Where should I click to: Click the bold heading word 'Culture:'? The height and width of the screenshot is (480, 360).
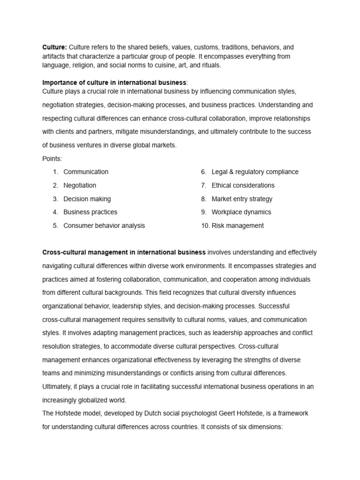click(55, 47)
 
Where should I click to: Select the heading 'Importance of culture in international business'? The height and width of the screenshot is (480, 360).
click(114, 82)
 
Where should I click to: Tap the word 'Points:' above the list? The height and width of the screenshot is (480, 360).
click(52, 158)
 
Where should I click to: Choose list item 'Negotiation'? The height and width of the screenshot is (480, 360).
click(80, 185)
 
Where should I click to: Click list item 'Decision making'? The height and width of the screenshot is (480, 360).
click(87, 199)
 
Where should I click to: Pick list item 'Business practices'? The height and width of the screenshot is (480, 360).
click(90, 212)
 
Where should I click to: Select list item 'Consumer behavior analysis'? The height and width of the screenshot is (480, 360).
click(104, 225)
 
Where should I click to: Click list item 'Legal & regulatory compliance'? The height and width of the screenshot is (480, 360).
click(255, 172)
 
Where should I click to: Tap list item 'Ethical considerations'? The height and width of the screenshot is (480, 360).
click(243, 185)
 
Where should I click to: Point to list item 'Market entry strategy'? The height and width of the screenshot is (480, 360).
click(242, 199)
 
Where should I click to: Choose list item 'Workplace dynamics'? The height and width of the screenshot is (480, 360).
click(241, 212)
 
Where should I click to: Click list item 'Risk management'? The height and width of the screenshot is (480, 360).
click(238, 225)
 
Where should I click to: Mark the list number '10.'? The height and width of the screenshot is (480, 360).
click(205, 225)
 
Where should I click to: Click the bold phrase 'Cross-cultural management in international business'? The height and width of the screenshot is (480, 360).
click(124, 252)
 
